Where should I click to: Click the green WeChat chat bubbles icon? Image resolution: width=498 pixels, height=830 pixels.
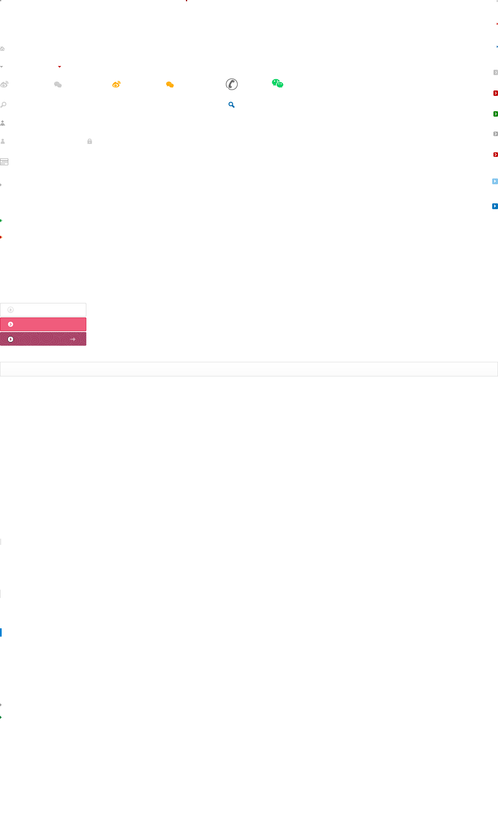tap(278, 83)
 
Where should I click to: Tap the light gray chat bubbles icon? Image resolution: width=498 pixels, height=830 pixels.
tap(58, 85)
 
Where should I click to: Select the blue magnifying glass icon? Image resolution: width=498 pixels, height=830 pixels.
tap(232, 105)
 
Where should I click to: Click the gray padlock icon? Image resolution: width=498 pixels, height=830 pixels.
tap(90, 142)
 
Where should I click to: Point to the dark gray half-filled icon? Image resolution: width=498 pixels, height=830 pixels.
tap(232, 84)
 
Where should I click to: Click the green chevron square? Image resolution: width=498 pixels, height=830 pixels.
tap(496, 114)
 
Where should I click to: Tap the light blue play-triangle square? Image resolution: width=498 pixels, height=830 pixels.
tap(495, 181)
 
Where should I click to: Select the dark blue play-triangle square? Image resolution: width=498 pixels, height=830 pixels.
tap(495, 206)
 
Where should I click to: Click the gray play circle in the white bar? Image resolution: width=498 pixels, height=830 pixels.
tap(11, 310)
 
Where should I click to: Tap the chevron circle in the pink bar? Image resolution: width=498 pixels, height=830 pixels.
tap(11, 324)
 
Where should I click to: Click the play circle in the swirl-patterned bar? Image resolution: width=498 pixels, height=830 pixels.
tap(11, 339)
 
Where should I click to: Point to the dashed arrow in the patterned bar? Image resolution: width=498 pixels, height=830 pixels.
tap(73, 339)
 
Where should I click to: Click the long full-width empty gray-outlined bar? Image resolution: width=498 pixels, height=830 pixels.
tap(249, 369)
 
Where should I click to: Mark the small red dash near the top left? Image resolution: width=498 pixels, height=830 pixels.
tap(60, 67)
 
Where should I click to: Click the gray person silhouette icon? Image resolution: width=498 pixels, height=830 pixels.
tap(3, 142)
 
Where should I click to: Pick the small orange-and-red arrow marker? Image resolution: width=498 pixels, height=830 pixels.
tap(1, 237)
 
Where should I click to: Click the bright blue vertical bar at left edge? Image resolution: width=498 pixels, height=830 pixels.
tap(1, 632)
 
